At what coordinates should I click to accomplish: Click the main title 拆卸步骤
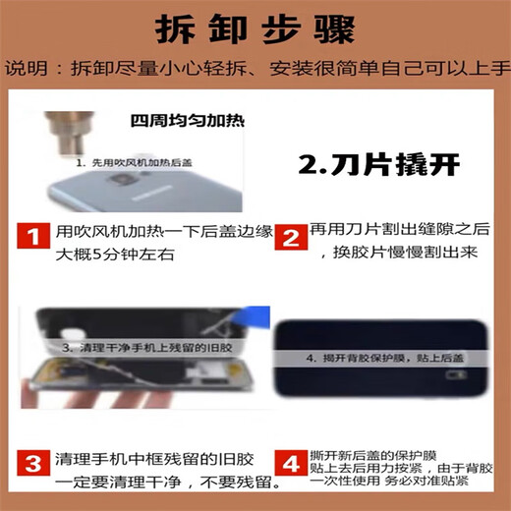coord(255,29)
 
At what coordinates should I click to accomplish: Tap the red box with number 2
coord(290,237)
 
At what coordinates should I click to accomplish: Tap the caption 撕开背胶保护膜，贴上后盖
coord(382,359)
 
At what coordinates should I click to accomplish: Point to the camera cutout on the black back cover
coord(454,373)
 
